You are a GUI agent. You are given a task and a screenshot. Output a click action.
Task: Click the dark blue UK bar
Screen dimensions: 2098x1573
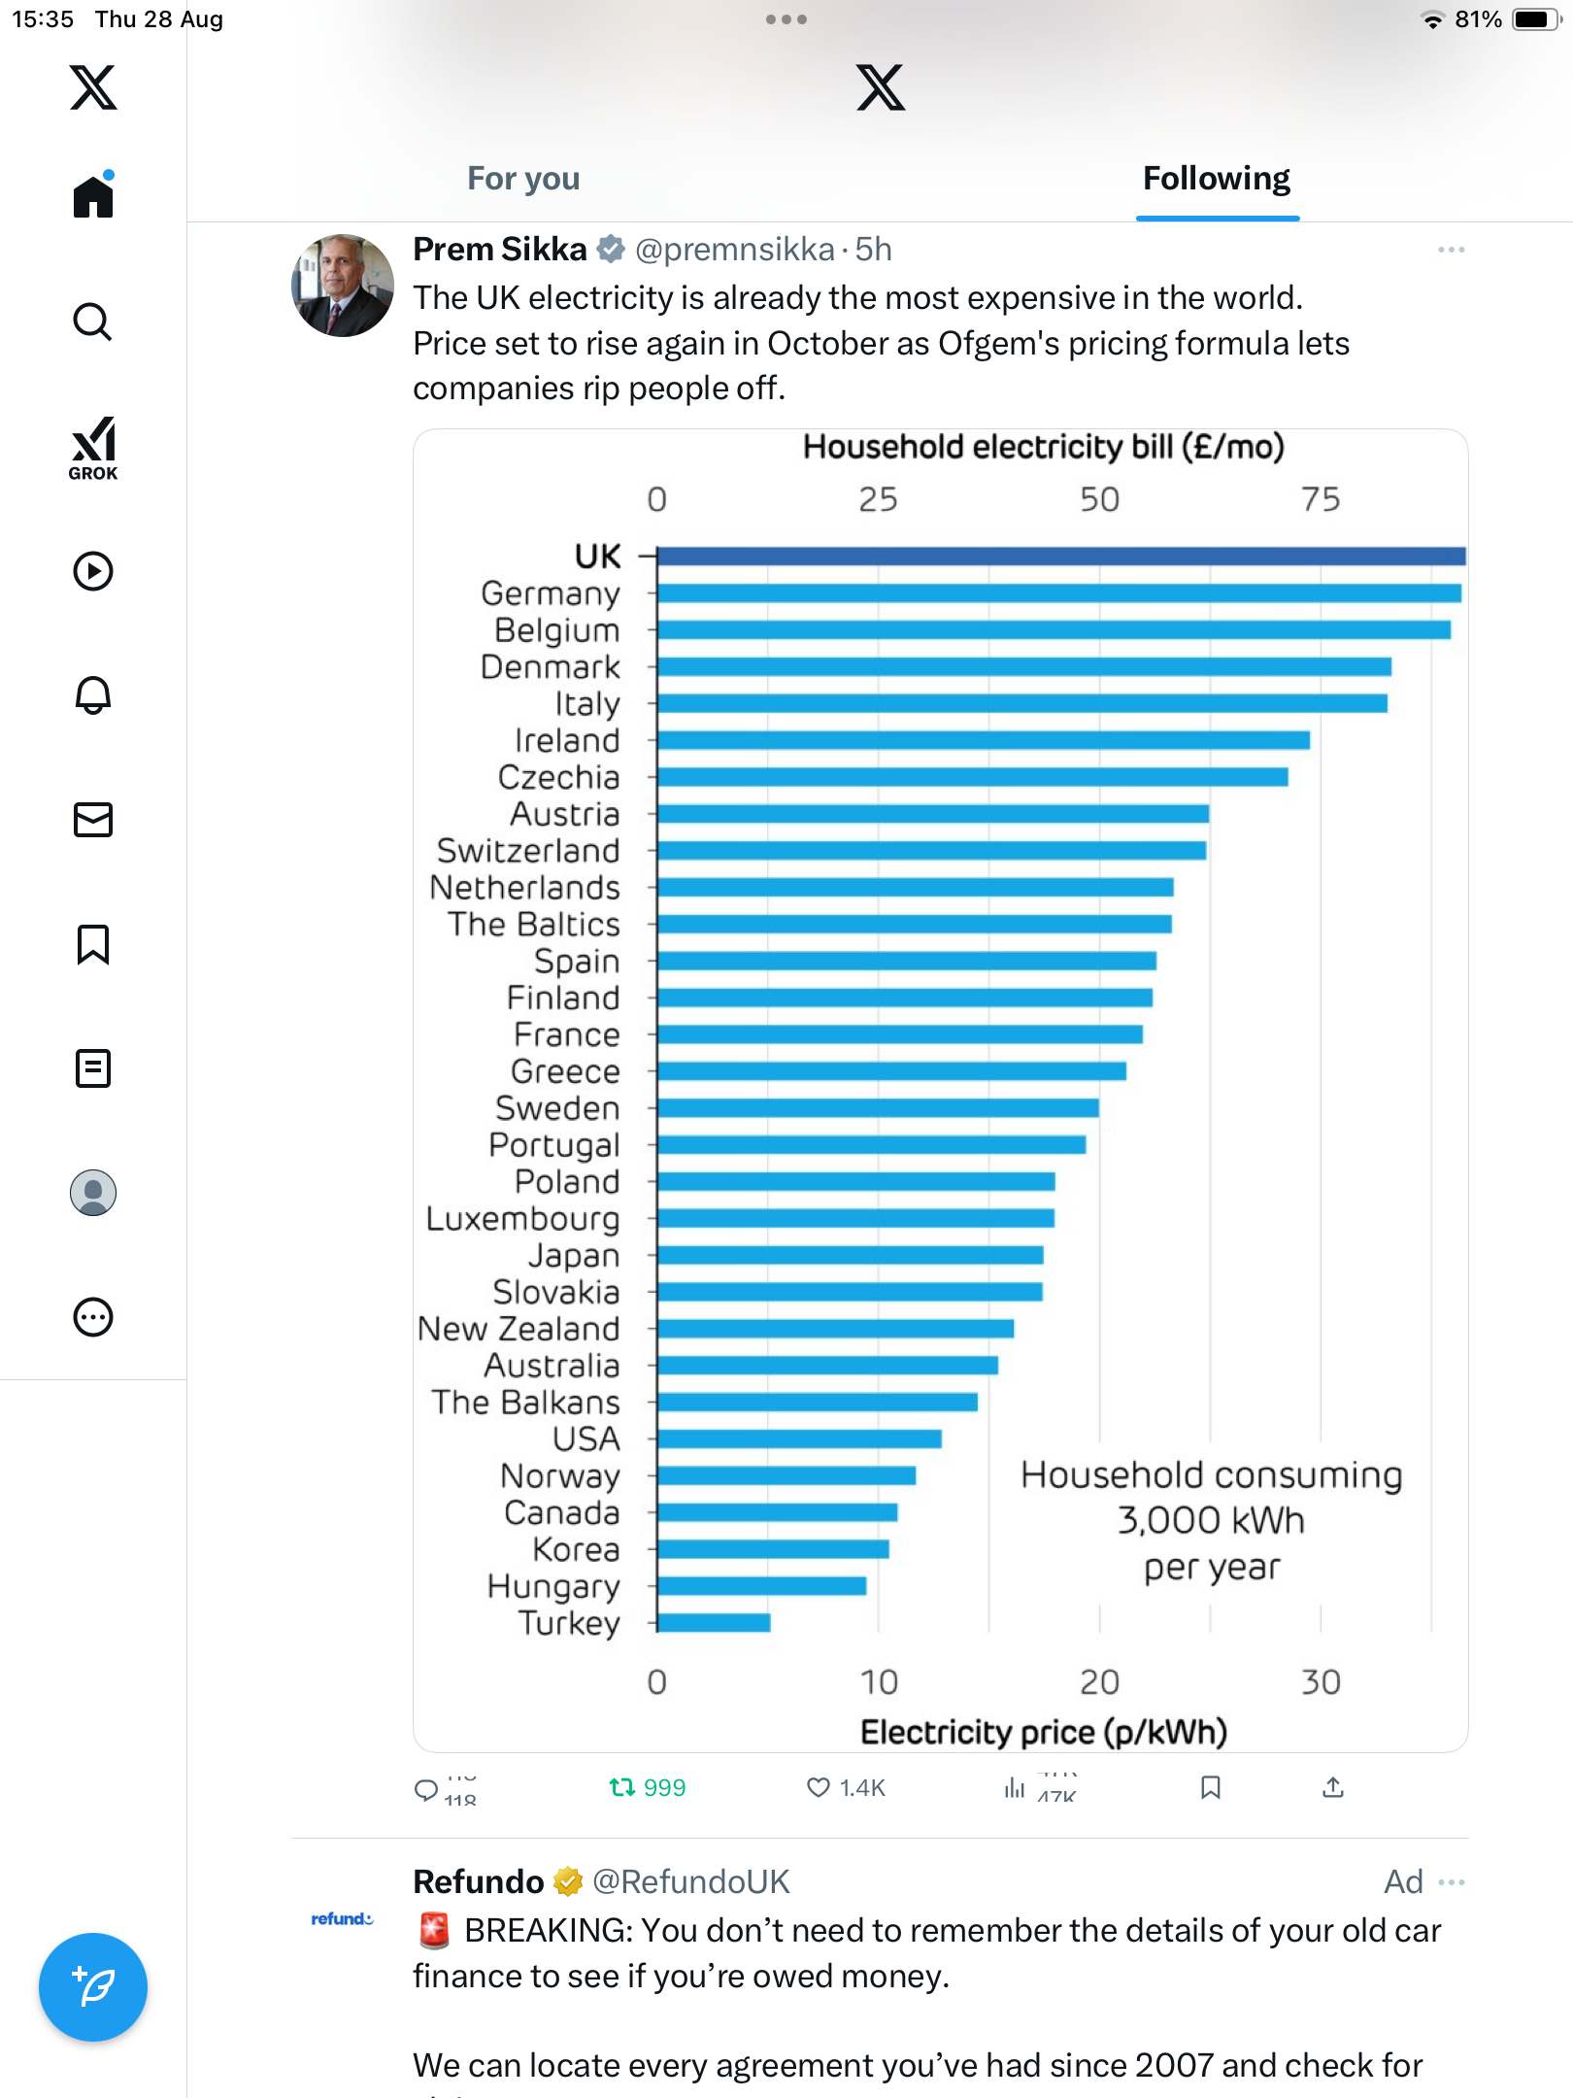(x=1060, y=557)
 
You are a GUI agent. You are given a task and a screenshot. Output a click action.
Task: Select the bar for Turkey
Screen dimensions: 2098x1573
(x=714, y=1623)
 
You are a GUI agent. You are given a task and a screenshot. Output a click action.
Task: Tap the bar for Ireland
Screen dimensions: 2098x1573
(x=983, y=740)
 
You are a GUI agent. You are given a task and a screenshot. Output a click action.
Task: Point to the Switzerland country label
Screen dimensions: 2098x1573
(x=528, y=851)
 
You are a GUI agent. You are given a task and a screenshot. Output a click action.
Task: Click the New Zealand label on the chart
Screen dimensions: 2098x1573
(x=519, y=1329)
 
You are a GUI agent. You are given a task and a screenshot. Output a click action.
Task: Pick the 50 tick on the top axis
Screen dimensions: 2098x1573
(x=1099, y=499)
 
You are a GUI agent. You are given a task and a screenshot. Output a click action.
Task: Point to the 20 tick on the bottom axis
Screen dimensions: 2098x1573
(x=1099, y=1682)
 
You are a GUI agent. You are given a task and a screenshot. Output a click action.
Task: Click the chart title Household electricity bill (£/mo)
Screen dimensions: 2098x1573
(x=1043, y=447)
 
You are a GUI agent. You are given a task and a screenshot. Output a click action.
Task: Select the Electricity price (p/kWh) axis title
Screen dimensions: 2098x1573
(x=1043, y=1732)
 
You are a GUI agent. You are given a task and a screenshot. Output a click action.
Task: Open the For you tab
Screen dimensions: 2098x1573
(x=523, y=179)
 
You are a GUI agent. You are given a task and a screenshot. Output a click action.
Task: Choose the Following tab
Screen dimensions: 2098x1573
(x=1216, y=179)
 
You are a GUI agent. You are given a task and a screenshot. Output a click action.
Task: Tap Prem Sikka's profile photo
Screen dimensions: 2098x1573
(x=343, y=286)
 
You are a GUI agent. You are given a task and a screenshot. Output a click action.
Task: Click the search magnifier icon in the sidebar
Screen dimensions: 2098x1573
(x=93, y=321)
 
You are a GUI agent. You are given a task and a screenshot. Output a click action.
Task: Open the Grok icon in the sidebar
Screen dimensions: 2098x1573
(x=93, y=448)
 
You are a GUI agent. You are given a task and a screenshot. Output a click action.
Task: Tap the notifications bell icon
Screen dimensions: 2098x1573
(x=93, y=695)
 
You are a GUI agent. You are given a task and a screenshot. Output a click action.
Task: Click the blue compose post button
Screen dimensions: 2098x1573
(x=93, y=1987)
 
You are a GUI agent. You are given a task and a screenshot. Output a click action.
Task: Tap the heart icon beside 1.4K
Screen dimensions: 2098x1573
(x=819, y=1787)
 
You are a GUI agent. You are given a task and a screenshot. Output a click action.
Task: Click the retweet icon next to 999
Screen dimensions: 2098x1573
(x=621, y=1787)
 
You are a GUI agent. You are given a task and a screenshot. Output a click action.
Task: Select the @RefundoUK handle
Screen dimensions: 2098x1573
(x=690, y=1881)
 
